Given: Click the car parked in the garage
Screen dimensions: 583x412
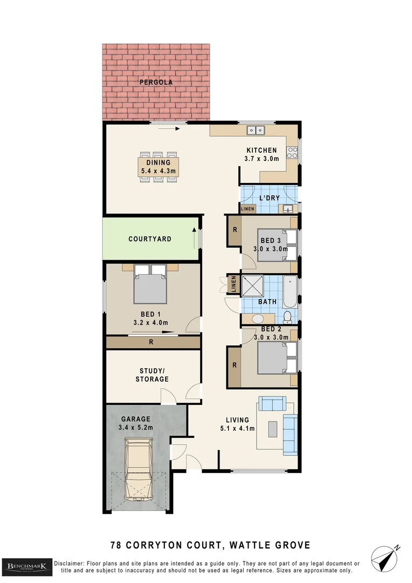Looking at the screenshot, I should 139,469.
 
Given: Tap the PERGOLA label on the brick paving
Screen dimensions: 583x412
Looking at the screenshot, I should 156,83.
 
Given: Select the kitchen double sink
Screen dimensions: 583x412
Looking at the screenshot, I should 256,130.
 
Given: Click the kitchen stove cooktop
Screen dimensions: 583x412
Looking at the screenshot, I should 292,153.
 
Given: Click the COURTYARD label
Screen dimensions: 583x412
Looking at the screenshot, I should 149,239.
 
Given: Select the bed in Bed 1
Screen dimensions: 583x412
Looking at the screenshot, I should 150,284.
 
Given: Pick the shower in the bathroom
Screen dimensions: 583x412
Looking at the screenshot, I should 252,286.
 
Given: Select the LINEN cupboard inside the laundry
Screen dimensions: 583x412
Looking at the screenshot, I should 248,209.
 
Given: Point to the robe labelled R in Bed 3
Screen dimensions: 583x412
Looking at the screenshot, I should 234,229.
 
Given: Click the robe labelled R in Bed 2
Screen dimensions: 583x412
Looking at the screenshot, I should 234,365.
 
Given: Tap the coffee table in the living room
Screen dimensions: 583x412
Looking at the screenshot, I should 273,429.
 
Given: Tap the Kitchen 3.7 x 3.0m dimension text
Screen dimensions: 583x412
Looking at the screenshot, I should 262,159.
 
